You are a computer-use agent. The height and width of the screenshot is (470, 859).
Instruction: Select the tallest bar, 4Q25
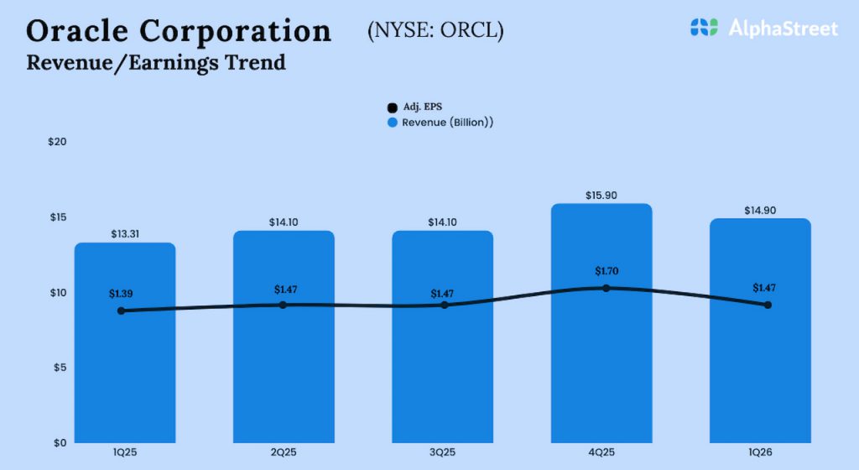(601, 369)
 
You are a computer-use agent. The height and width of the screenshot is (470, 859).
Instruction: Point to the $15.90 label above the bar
(601, 195)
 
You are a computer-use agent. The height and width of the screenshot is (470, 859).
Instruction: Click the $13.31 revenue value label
(125, 234)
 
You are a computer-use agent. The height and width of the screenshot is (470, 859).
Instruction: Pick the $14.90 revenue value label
(760, 210)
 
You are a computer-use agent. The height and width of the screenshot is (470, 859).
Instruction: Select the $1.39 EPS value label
(122, 294)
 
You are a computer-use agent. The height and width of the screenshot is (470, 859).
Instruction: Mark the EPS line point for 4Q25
(605, 288)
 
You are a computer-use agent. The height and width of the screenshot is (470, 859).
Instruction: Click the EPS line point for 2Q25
(283, 305)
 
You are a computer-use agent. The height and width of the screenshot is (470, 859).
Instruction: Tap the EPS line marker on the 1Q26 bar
(768, 305)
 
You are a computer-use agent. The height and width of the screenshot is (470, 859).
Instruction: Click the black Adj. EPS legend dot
(392, 107)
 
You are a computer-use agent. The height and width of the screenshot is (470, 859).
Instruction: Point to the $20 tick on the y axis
(57, 142)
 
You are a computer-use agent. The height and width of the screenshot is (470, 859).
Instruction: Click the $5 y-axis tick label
(60, 368)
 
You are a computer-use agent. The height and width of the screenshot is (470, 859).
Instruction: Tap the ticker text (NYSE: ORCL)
(435, 31)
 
